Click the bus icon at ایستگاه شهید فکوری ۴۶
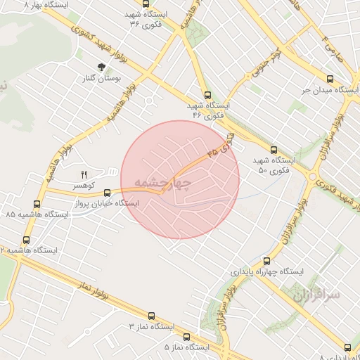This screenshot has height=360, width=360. (207, 95)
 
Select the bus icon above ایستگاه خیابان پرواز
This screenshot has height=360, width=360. (108, 192)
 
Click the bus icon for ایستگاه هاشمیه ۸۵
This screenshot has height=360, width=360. (37, 203)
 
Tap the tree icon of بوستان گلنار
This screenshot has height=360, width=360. (103, 67)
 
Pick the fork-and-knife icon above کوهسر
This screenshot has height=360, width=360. (84, 174)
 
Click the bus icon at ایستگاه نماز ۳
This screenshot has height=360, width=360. (150, 317)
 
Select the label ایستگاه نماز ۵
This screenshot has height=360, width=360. (187, 348)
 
